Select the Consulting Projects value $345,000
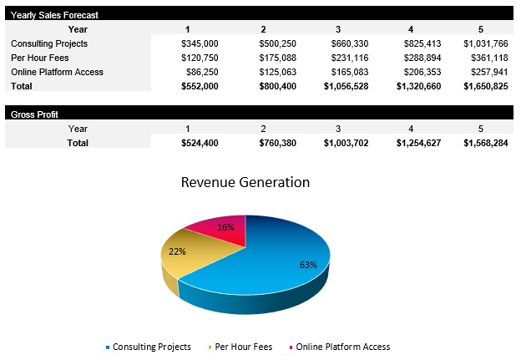click(x=200, y=43)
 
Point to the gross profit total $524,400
click(x=200, y=143)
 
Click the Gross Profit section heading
click(x=34, y=114)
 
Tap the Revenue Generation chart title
click(x=245, y=183)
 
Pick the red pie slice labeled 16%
click(x=221, y=230)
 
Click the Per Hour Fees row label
click(x=39, y=58)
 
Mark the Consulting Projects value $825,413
click(x=414, y=43)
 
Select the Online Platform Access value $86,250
click(x=203, y=72)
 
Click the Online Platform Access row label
click(x=57, y=72)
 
